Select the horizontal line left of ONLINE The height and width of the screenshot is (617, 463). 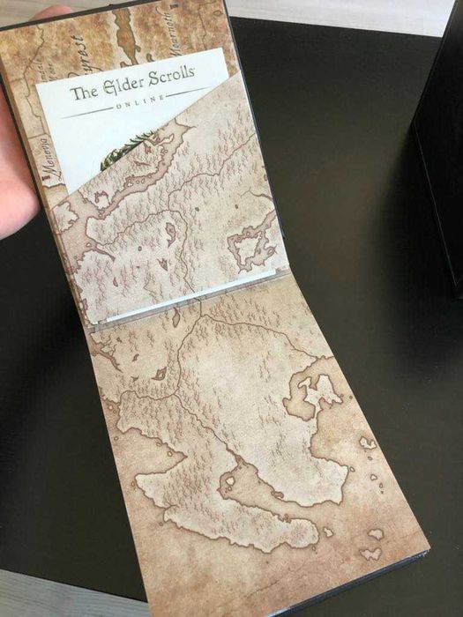pyautogui.click(x=93, y=112)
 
